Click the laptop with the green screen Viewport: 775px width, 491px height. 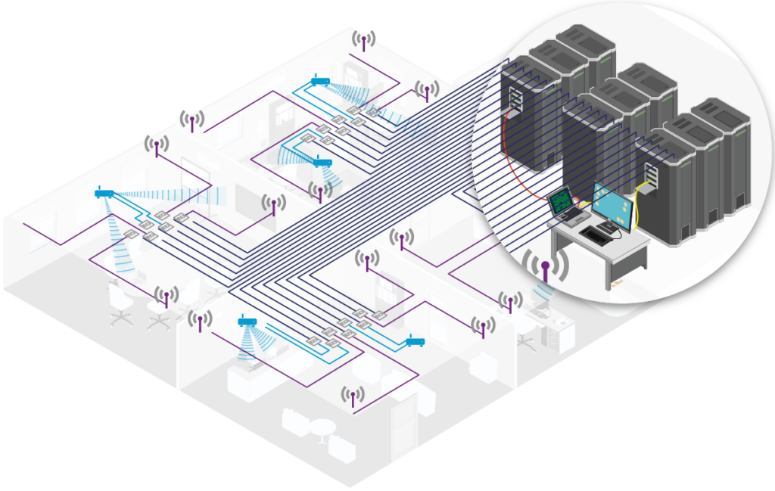[x=561, y=204]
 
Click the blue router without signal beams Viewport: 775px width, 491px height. [x=415, y=343]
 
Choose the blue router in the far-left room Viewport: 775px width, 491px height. [x=104, y=194]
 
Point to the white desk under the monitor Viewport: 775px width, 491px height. [x=598, y=250]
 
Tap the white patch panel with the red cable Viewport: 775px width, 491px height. [x=514, y=98]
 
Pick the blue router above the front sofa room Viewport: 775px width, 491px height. [x=247, y=322]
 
